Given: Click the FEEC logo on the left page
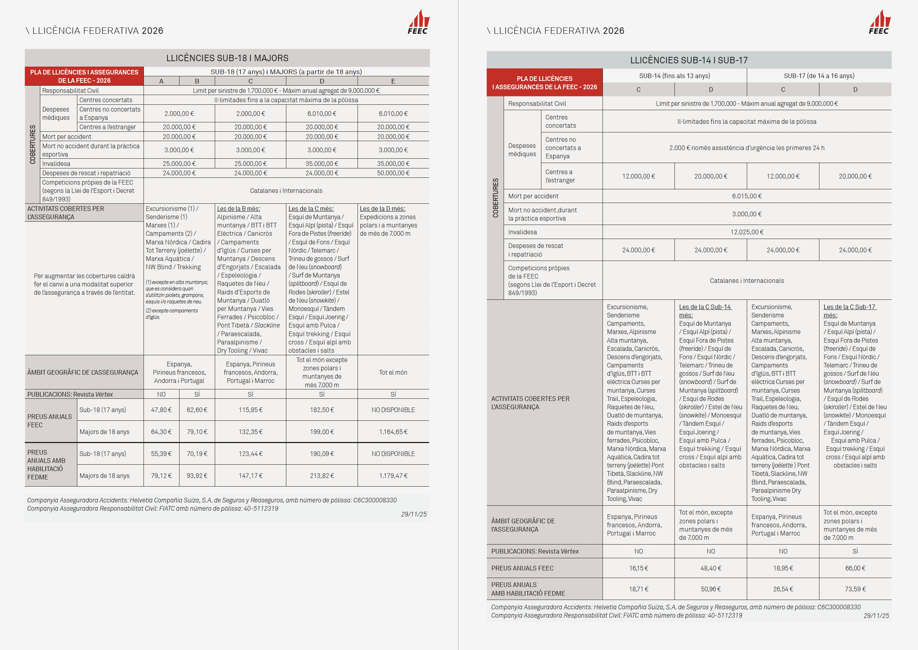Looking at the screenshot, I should (x=418, y=22).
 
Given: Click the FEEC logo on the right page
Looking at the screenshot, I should (x=879, y=22).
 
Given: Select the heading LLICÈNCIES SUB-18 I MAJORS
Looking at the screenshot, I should (x=227, y=58).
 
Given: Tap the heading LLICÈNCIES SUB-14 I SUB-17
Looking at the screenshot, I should (x=689, y=60).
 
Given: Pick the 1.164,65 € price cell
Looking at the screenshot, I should (x=393, y=432).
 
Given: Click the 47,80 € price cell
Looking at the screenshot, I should (x=161, y=410).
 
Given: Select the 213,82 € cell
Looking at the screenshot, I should (x=322, y=476).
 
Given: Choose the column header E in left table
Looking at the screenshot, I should (x=393, y=81).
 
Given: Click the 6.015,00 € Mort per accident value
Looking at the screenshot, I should (x=747, y=196).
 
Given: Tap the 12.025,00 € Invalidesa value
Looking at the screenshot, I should (x=747, y=232).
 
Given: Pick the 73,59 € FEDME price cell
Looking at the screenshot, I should (x=855, y=589).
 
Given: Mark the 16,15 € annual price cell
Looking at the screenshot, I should (x=638, y=568).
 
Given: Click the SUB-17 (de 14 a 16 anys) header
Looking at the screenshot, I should (x=819, y=76).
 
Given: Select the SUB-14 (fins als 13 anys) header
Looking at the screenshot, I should (x=674, y=76).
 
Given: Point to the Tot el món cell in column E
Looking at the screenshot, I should (x=393, y=373).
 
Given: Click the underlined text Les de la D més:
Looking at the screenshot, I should (x=382, y=208).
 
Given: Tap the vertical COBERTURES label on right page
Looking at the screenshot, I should (x=495, y=198).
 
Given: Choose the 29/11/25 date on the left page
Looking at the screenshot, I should (x=414, y=514).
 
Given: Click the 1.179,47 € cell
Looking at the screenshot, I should (x=393, y=476).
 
